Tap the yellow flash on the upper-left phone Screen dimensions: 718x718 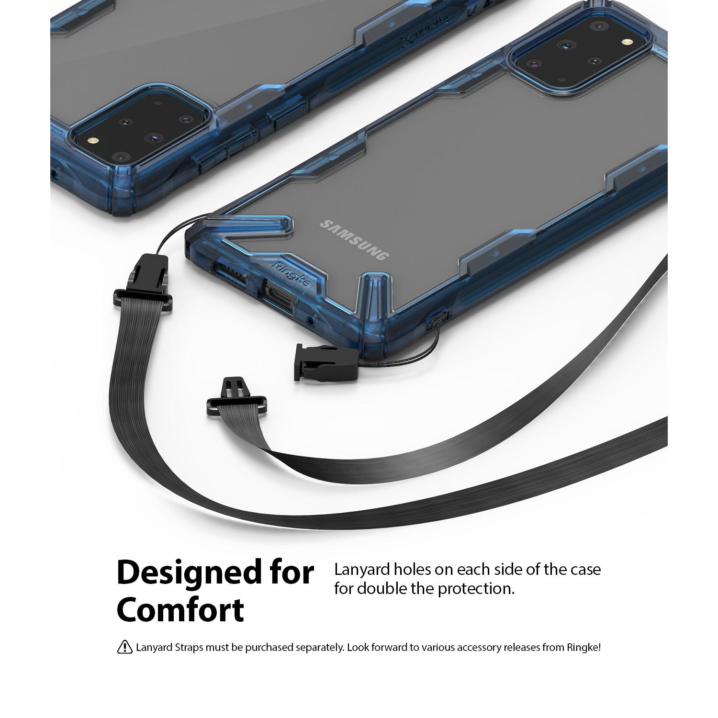(93, 142)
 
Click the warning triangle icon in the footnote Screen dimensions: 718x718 (124, 647)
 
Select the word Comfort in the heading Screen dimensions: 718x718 (180, 609)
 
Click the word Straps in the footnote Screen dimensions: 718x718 (191, 648)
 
